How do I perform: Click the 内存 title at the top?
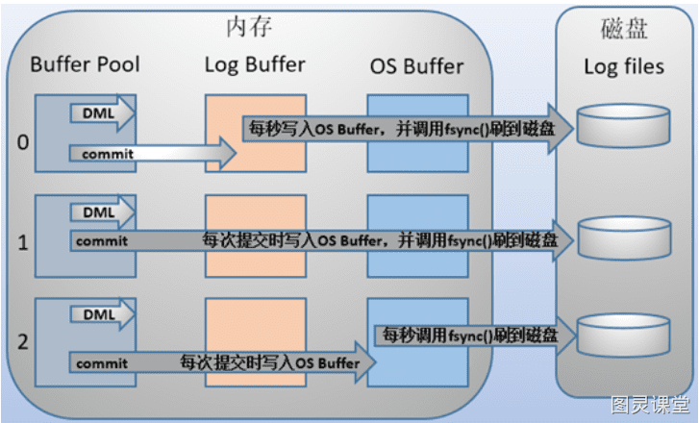point(249,27)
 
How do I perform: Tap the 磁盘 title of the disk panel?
point(624,30)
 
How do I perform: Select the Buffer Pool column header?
point(85,64)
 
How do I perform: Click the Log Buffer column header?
point(255,65)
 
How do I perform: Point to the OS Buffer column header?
point(417,66)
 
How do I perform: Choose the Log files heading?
point(624,67)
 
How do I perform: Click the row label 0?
point(23,142)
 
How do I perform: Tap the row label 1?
point(23,243)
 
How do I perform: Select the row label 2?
point(23,342)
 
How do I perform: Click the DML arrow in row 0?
point(102,113)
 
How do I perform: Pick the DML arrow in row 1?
point(102,212)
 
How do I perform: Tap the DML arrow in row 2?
point(102,314)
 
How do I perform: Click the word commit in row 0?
point(108,154)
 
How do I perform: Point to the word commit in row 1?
point(102,241)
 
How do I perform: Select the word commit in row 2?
point(102,363)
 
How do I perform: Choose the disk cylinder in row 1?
point(624,238)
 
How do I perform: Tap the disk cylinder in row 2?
point(623,336)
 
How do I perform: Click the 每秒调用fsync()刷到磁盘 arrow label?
point(470,336)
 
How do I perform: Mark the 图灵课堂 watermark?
point(650,405)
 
